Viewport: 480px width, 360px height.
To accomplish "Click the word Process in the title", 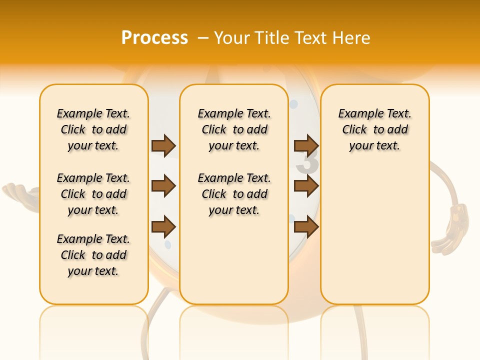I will click(x=154, y=37).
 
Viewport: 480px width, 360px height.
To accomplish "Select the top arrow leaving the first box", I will click(x=163, y=145).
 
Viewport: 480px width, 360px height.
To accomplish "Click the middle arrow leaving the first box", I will click(x=163, y=186).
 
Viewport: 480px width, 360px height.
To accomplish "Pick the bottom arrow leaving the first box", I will click(x=163, y=226).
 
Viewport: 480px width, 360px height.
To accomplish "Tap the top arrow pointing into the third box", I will click(x=306, y=145).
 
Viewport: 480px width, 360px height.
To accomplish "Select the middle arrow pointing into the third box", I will click(x=306, y=186).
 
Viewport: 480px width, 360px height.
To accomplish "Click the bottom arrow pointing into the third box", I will click(x=306, y=226).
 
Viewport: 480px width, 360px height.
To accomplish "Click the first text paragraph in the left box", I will click(x=93, y=129).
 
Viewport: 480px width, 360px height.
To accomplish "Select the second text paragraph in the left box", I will click(x=93, y=194).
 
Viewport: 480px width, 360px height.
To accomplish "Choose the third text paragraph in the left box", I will click(x=93, y=255).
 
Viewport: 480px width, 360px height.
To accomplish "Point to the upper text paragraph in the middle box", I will click(x=234, y=129).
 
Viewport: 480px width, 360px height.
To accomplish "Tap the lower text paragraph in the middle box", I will click(x=234, y=194).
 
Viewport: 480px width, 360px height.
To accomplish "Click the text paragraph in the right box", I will click(x=374, y=129).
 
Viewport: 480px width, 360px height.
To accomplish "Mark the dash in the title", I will click(x=202, y=38).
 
